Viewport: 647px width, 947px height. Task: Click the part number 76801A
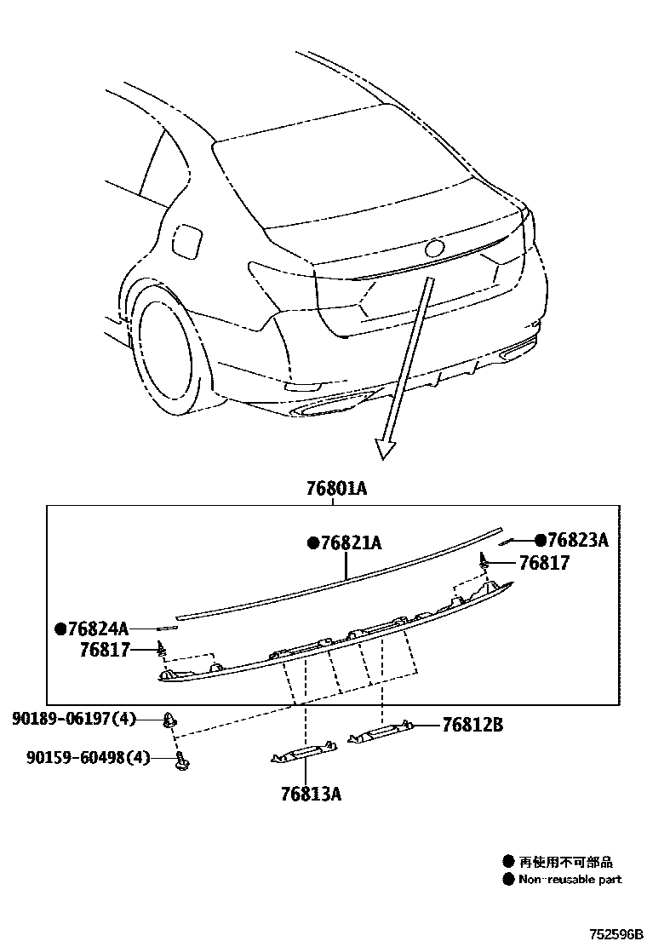coord(336,489)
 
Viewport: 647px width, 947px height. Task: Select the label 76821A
coord(349,542)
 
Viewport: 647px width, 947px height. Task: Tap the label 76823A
coord(577,540)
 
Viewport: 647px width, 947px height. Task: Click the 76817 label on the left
coord(105,650)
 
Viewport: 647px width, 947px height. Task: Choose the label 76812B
coord(472,725)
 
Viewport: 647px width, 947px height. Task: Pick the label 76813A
coord(311,794)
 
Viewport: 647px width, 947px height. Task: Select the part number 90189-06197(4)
coord(74,720)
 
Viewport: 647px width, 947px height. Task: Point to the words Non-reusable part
coord(570,879)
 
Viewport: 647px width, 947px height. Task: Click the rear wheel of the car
coord(167,349)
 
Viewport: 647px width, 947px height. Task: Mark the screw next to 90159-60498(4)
coord(180,758)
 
